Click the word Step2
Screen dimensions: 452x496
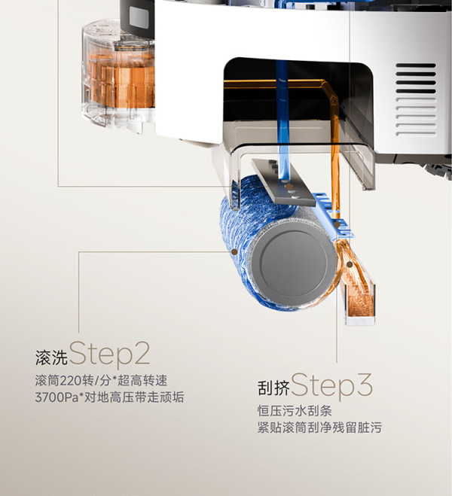(109, 353)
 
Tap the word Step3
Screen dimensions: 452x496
(331, 385)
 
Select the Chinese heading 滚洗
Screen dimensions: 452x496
(51, 358)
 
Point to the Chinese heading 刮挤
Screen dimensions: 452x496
(273, 388)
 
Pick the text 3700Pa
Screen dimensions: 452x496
(56, 397)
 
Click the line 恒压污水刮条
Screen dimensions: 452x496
(295, 411)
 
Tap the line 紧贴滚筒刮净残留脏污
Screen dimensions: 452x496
(319, 428)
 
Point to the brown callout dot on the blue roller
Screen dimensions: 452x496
(234, 252)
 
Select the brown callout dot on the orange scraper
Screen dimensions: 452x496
(350, 264)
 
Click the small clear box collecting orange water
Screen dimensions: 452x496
(360, 303)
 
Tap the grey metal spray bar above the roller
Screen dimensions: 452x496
(284, 182)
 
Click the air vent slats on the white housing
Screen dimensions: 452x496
(416, 99)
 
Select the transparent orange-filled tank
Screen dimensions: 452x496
(118, 76)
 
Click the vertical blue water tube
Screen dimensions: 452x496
(283, 120)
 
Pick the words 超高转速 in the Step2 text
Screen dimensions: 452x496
(142, 381)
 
